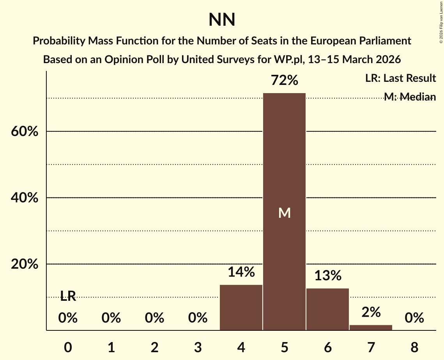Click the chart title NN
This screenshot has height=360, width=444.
222,19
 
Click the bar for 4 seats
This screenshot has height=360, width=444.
241,307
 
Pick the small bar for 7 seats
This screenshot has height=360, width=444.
371,327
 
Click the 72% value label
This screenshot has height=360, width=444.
285,81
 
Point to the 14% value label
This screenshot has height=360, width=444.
241,272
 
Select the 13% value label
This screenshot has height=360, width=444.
327,275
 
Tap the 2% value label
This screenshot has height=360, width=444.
371,312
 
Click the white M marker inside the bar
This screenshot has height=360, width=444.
285,213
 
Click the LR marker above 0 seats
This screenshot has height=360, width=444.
68,296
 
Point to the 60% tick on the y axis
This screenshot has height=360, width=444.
24,132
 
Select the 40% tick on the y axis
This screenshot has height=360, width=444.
24,198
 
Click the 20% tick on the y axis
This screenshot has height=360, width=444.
24,264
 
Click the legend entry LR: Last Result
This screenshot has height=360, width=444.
400,78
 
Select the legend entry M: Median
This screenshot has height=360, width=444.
410,97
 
